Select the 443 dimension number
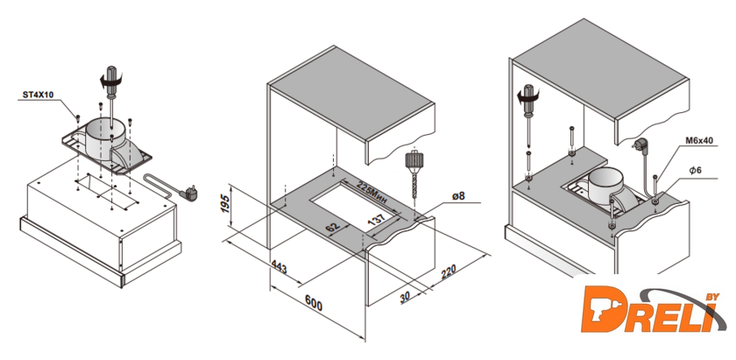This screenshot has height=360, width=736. [x=280, y=266]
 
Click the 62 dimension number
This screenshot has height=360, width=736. [x=332, y=229]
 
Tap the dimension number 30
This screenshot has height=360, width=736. [x=404, y=296]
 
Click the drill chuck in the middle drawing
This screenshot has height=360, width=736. [x=414, y=164]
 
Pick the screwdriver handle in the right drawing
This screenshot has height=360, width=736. [x=527, y=92]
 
